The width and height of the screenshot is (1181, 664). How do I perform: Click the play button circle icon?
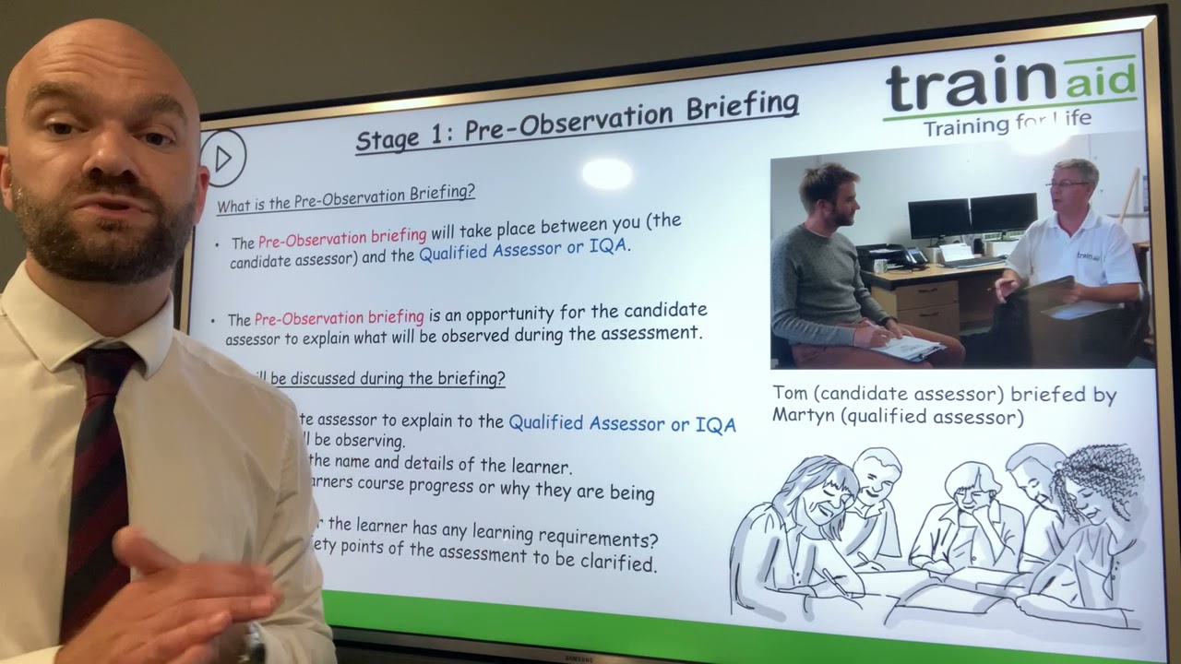pos(223,158)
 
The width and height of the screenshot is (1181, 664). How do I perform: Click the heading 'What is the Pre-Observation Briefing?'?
pos(346,197)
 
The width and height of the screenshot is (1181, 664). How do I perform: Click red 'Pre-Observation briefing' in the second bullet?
pos(339,317)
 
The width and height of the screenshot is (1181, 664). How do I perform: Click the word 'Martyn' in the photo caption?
pos(803,417)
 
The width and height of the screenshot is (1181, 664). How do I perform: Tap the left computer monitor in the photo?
pos(938,217)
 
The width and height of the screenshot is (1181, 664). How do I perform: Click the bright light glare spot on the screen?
pos(607,172)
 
